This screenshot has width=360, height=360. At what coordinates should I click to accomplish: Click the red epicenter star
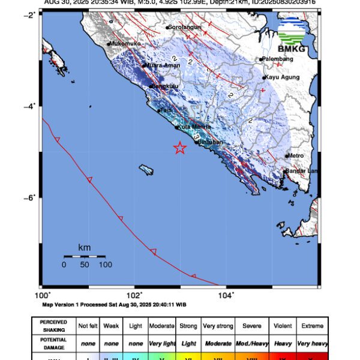[x=180, y=148]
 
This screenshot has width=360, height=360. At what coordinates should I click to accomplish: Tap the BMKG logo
[x=293, y=36]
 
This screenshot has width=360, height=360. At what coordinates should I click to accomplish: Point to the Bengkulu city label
[x=162, y=86]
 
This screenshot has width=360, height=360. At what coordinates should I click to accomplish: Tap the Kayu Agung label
[x=281, y=77]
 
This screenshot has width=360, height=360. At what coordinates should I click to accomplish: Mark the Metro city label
[x=296, y=156]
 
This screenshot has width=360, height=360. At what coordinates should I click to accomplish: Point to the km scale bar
[x=85, y=257]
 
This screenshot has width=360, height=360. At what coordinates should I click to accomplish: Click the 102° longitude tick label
[x=134, y=295]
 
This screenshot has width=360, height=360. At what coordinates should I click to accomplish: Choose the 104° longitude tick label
[x=226, y=295]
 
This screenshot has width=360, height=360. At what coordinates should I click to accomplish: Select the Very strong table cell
[x=218, y=326]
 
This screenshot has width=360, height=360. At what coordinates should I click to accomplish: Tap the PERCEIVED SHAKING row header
[x=53, y=326]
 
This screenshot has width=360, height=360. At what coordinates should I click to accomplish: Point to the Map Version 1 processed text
[x=114, y=304]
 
